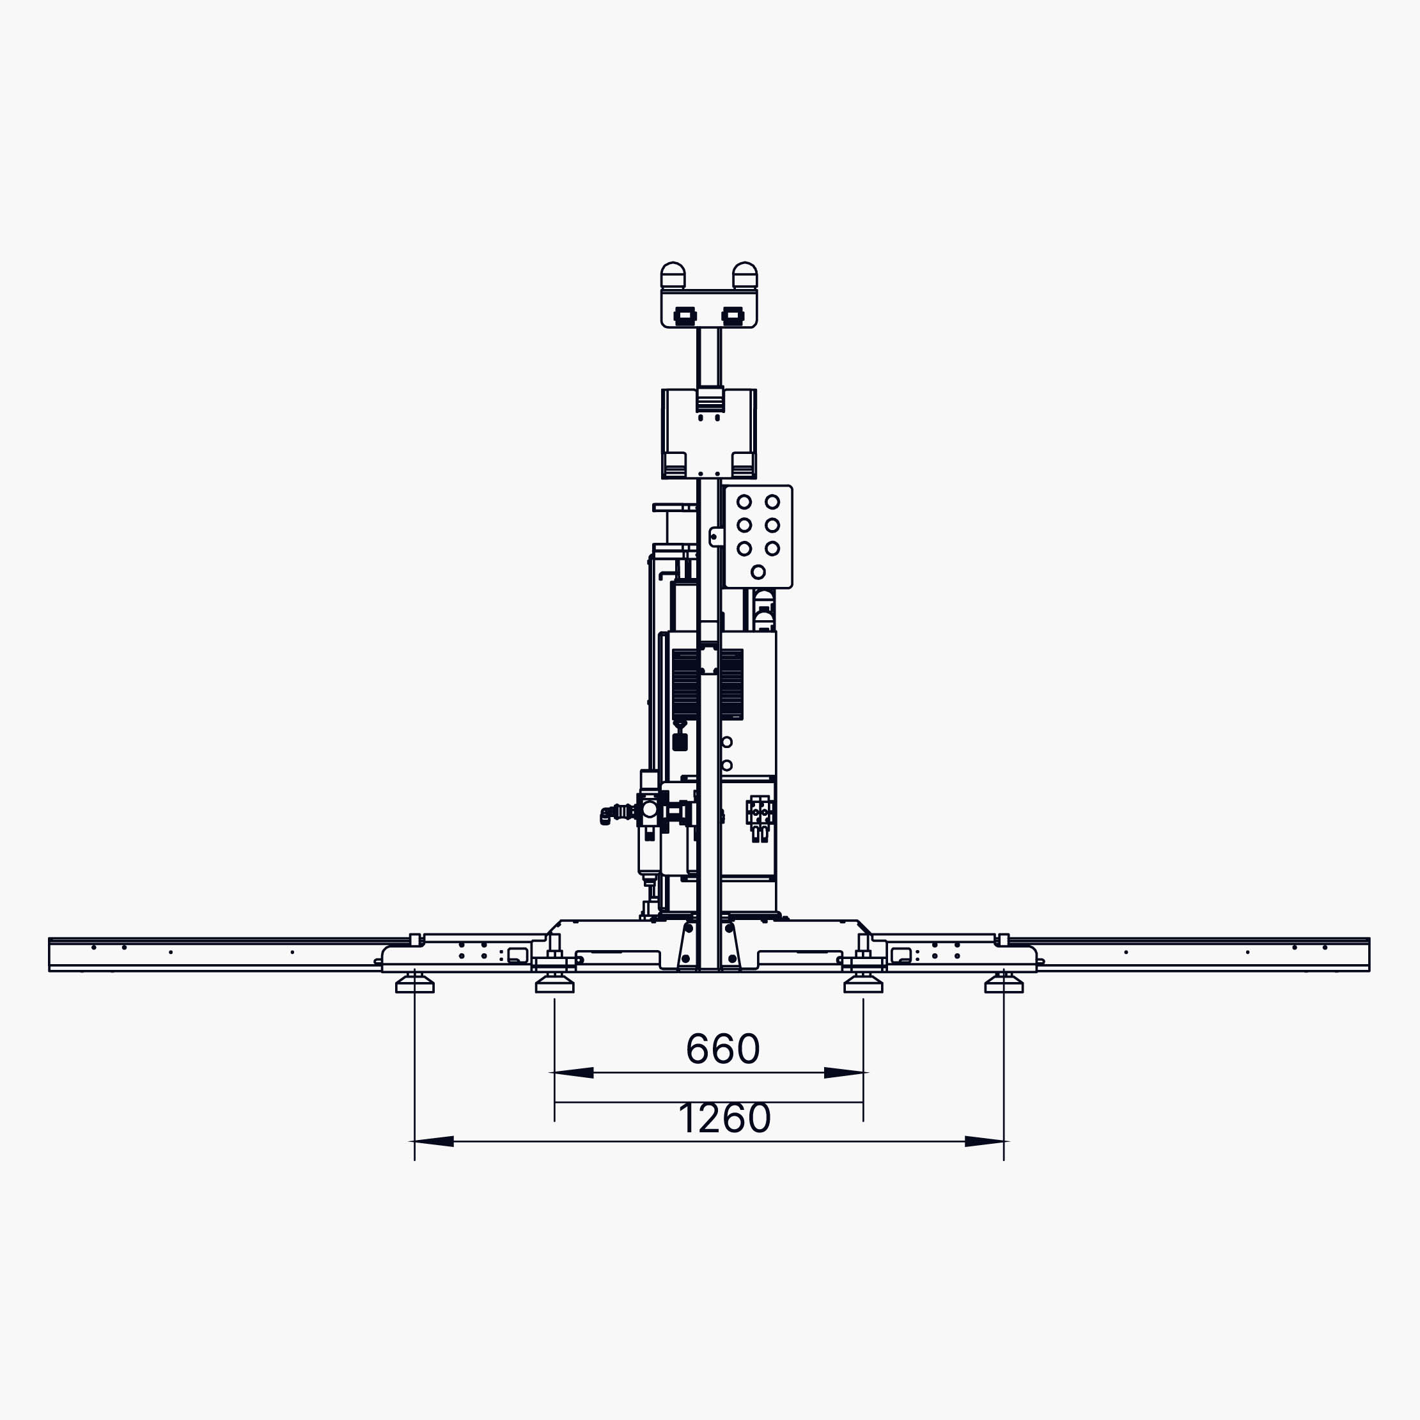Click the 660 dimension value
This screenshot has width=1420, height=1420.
tap(722, 1049)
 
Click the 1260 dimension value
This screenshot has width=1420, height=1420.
tap(724, 1118)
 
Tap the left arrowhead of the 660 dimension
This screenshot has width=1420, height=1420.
tap(572, 1072)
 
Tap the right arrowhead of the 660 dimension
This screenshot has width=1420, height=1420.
tap(845, 1072)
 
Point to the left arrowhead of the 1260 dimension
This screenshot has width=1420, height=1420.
tap(433, 1141)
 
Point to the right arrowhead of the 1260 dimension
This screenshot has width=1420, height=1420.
tap(986, 1141)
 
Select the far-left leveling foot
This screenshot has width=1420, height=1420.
tap(414, 983)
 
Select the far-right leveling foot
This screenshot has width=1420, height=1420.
tap(1004, 983)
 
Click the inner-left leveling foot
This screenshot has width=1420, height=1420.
tap(555, 983)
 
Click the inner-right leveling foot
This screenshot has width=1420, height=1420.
tap(864, 983)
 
